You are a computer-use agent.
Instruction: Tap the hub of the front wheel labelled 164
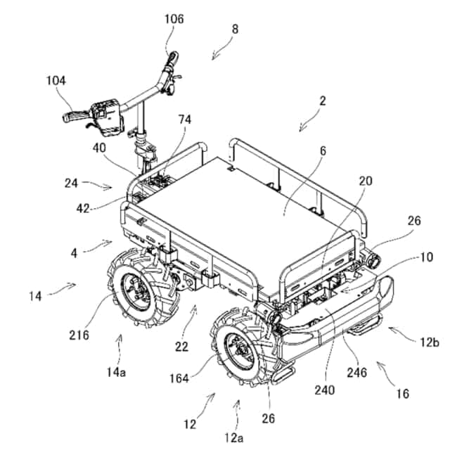tap(237, 349)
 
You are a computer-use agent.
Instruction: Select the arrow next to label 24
tap(103, 185)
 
